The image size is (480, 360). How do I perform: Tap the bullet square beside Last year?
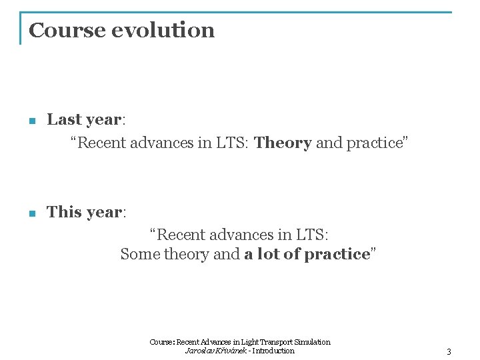point(31,121)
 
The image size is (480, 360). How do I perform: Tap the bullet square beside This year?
point(31,214)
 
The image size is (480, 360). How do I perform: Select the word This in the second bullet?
point(64,212)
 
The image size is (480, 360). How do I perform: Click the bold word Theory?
point(283,143)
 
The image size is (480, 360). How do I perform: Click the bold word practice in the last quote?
point(337,254)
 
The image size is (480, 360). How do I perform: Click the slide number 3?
point(449,351)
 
